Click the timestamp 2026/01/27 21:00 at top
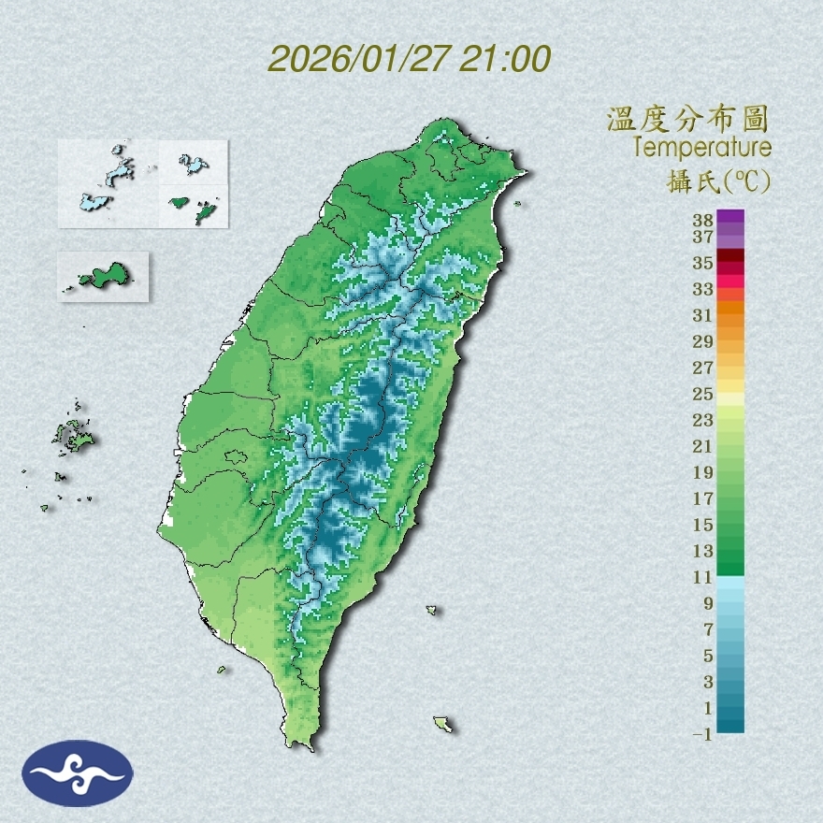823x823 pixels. (409, 59)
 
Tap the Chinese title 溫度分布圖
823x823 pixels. (687, 120)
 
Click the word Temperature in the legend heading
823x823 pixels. (701, 147)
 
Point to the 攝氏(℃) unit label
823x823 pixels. (713, 180)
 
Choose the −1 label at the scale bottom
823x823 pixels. (701, 735)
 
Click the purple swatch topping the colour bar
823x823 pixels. (730, 216)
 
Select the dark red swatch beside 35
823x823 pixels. (730, 255)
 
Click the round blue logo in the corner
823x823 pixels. (78, 772)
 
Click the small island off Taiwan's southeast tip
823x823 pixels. (443, 724)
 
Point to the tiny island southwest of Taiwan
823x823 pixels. (223, 669)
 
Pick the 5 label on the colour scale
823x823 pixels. (708, 656)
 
